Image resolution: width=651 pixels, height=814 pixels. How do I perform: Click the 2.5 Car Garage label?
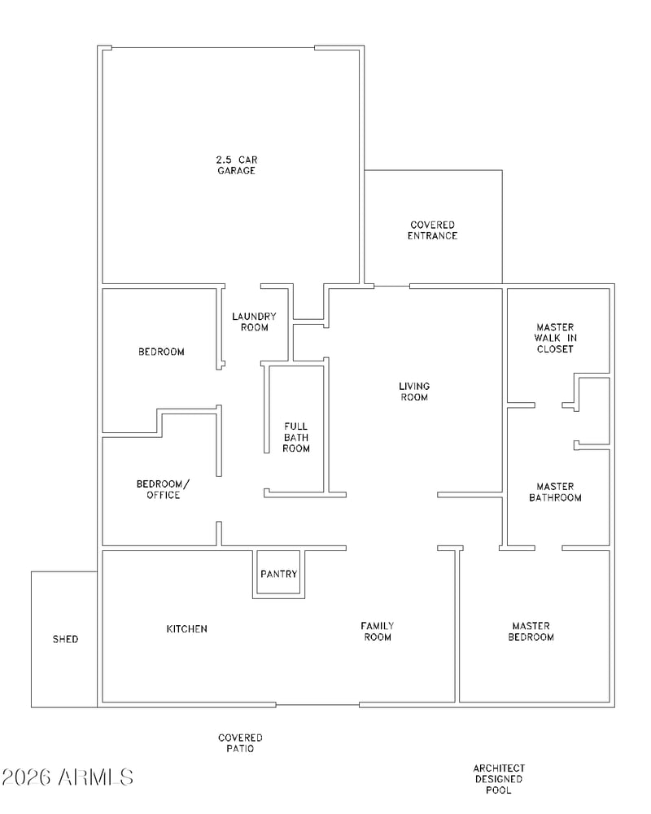click(237, 165)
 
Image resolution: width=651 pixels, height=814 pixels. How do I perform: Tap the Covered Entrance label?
click(432, 230)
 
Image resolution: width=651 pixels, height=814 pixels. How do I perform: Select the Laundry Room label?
click(255, 322)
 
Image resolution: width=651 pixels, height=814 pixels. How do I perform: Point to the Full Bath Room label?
click(296, 437)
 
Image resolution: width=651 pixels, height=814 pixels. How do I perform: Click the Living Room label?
click(414, 392)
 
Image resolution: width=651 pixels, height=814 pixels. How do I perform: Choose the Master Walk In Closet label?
click(555, 338)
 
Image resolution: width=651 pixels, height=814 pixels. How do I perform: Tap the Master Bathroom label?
click(556, 492)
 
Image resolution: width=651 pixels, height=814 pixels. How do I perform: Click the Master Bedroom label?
click(531, 632)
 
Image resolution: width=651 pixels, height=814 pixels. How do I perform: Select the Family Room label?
click(378, 632)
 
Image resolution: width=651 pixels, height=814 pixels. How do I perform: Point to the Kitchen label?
click(187, 629)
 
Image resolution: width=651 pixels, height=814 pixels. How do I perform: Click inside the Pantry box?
click(279, 574)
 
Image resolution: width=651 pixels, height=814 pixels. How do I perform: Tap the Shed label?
click(65, 640)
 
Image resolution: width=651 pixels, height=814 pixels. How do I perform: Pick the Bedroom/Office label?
click(163, 489)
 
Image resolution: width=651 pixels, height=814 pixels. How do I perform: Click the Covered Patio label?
click(240, 743)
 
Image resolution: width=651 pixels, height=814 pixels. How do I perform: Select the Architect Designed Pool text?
click(499, 779)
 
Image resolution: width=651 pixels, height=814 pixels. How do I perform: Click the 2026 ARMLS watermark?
click(68, 777)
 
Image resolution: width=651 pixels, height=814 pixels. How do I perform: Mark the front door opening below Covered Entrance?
click(392, 286)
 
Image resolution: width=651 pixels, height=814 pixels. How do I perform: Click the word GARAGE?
click(237, 171)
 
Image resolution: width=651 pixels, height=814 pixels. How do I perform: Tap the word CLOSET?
click(555, 349)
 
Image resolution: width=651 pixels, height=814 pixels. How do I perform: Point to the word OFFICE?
click(163, 495)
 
